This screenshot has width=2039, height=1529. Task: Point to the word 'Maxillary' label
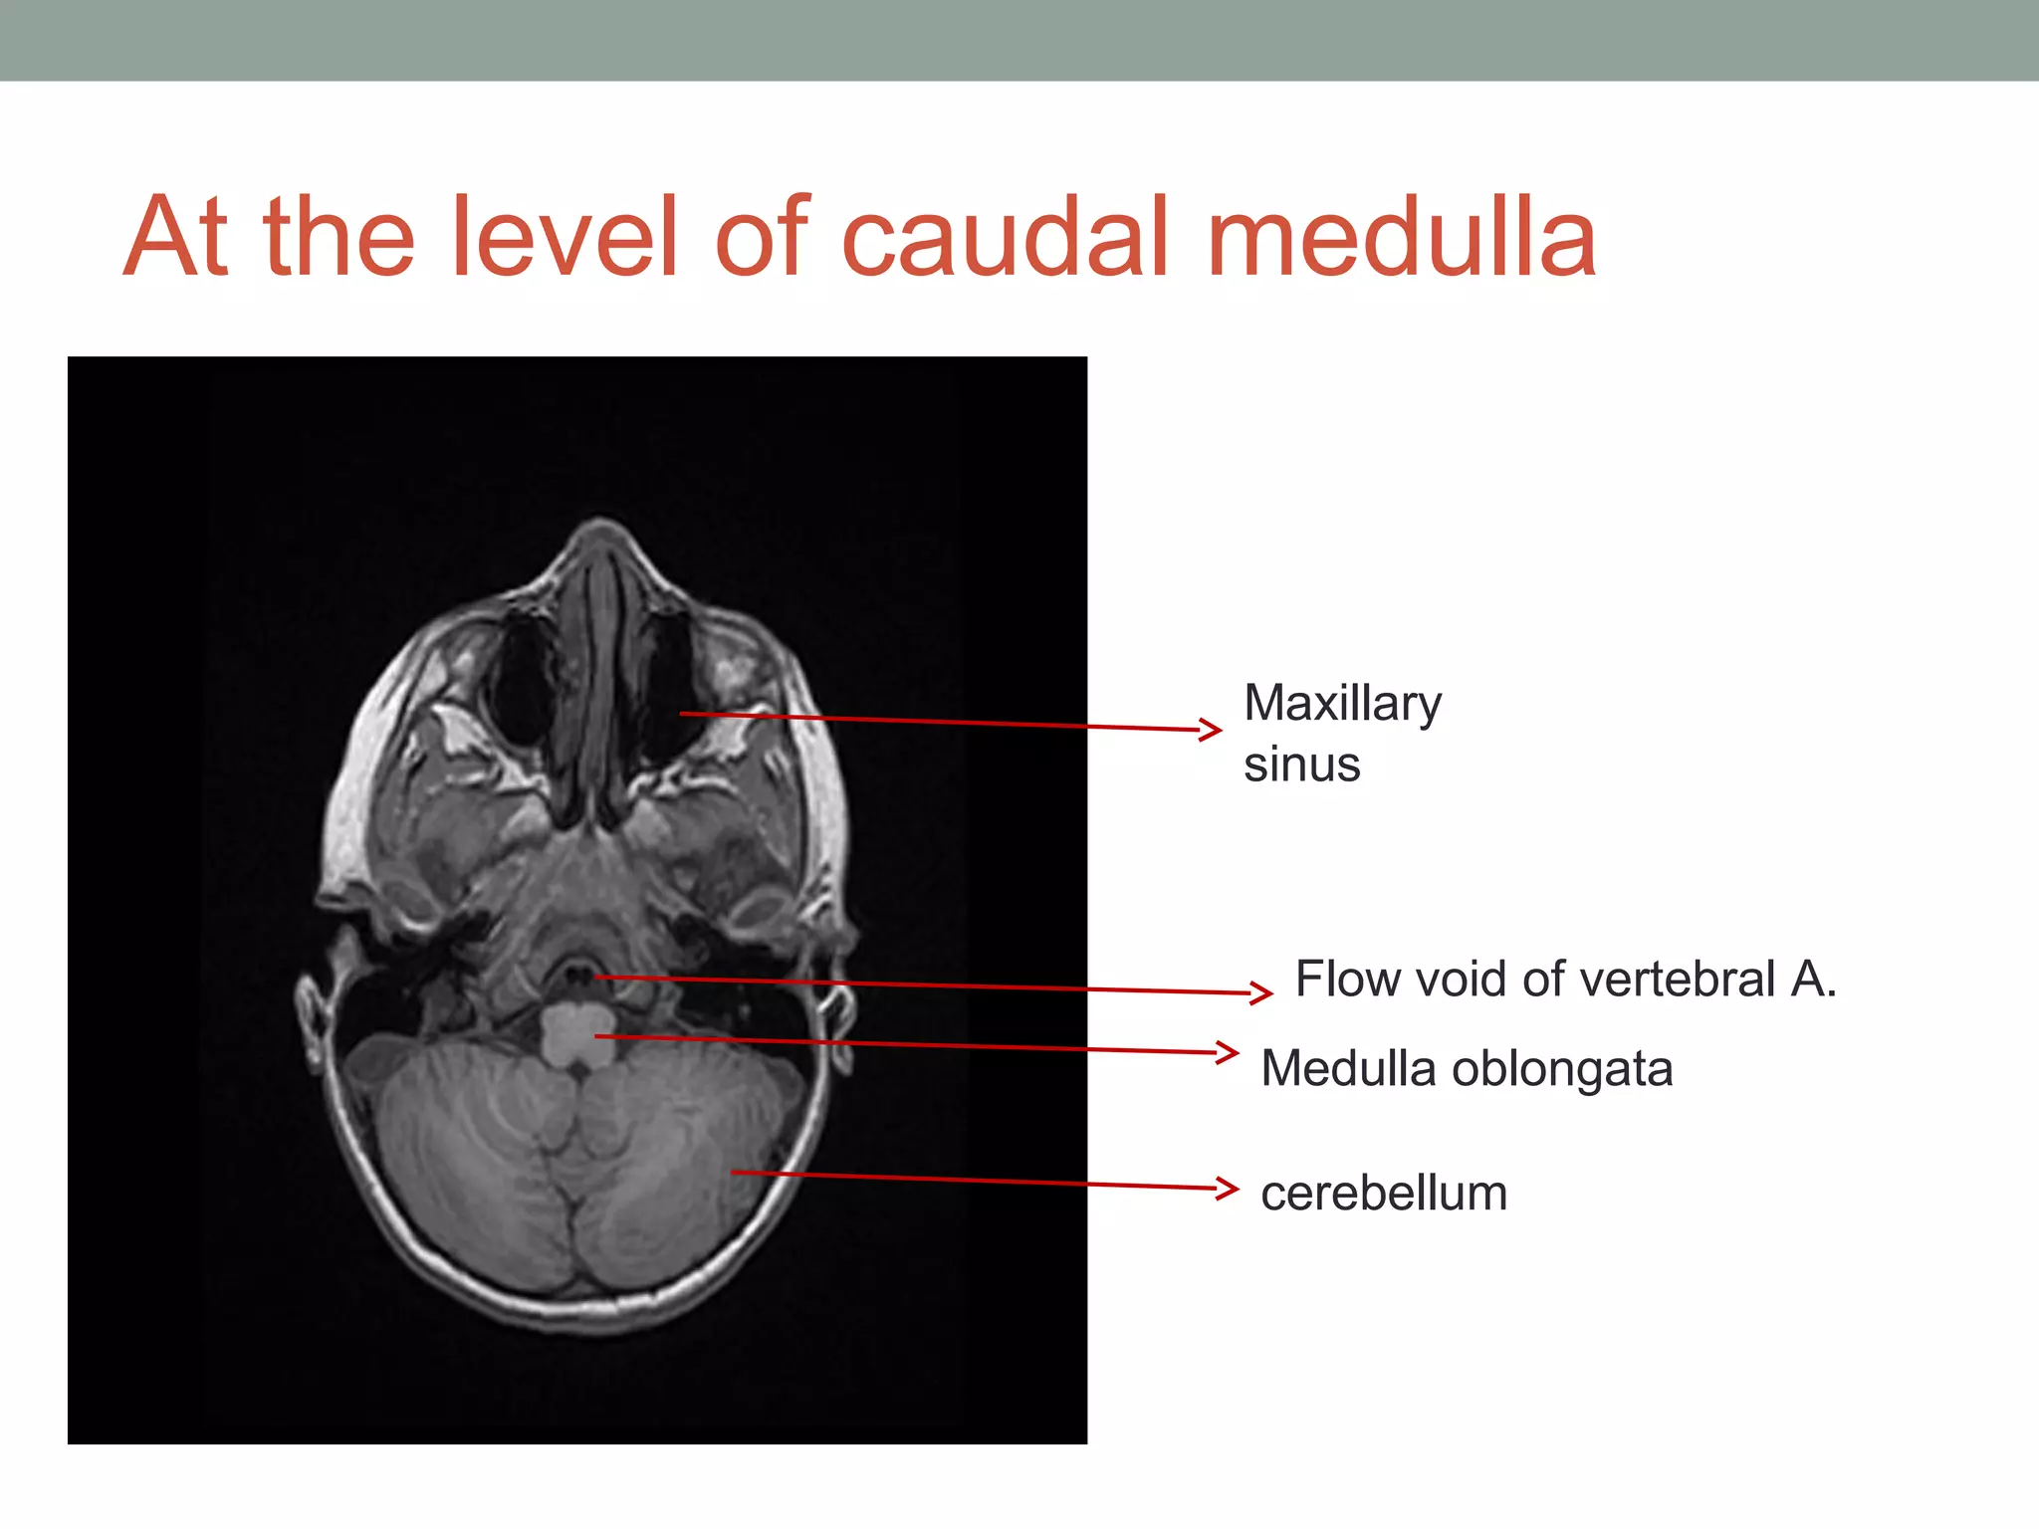[x=1342, y=705]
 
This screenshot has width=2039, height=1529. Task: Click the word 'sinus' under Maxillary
[x=1301, y=764]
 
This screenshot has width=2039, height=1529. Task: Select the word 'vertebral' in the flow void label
[x=1677, y=980]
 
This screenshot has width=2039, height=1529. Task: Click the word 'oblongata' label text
[x=1562, y=1069]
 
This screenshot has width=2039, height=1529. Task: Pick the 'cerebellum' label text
[x=1384, y=1193]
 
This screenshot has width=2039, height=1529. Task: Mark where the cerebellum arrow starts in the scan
[x=734, y=1173]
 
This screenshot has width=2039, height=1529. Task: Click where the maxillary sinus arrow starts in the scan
[x=682, y=714]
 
